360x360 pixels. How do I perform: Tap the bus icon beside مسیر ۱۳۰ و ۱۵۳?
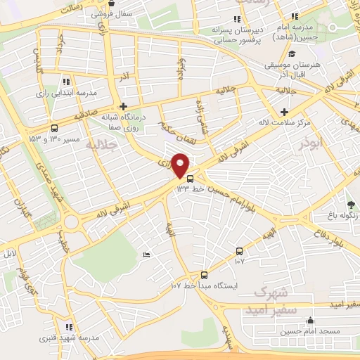click(54, 127)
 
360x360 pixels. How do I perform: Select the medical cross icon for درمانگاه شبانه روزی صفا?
click(124, 105)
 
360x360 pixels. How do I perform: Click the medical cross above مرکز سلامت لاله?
click(283, 112)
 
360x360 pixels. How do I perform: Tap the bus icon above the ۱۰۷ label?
click(240, 251)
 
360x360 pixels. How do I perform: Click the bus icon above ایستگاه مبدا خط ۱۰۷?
click(205, 275)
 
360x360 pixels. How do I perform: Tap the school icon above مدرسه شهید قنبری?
click(69, 326)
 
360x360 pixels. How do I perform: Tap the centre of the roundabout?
click(72, 224)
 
